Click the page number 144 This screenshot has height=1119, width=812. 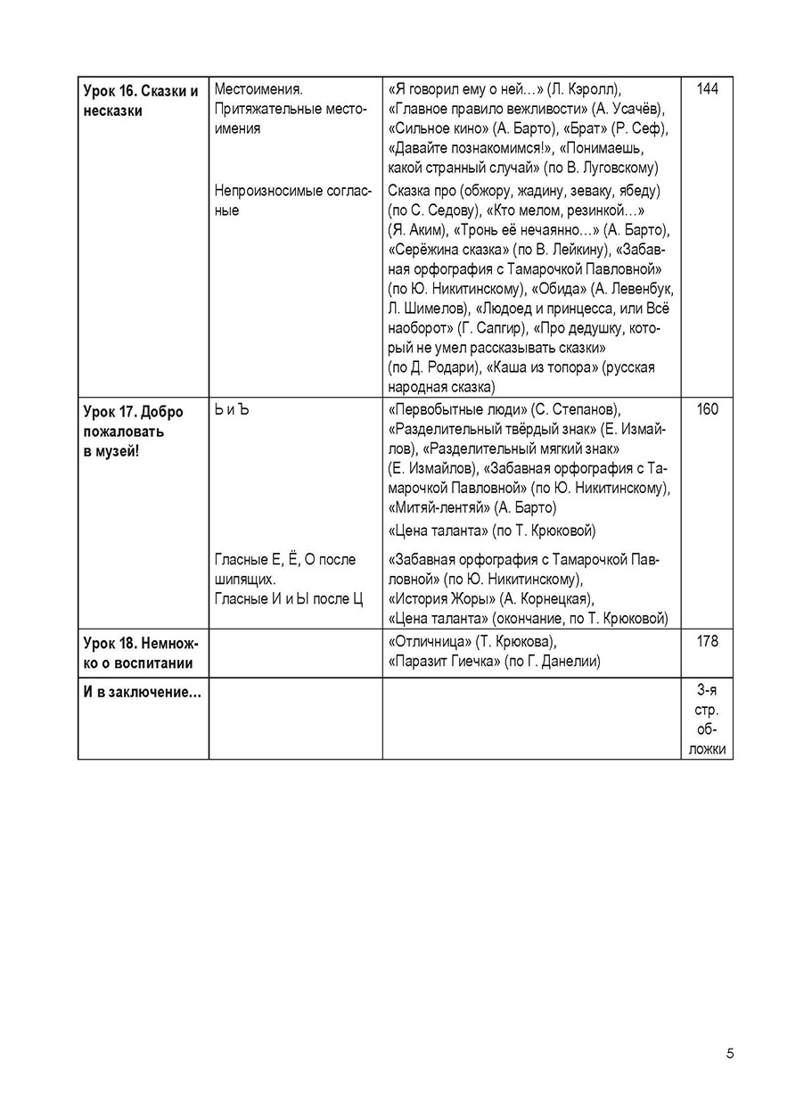[x=707, y=89]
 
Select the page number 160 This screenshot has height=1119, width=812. [x=707, y=410]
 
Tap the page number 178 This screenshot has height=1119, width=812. [x=707, y=642]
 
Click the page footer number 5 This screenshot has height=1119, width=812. [x=730, y=1054]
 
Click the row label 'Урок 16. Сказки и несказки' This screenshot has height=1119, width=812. [x=141, y=100]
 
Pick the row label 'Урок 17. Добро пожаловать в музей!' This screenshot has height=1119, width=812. [x=133, y=432]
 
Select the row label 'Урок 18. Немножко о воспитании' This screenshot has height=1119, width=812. [x=141, y=653]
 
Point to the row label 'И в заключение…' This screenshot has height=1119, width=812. [x=141, y=695]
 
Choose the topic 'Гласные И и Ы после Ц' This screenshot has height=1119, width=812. [x=289, y=598]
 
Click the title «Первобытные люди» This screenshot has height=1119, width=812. [x=457, y=410]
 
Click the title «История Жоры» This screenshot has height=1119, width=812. [x=443, y=598]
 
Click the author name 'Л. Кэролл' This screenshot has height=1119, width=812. [x=583, y=89]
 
